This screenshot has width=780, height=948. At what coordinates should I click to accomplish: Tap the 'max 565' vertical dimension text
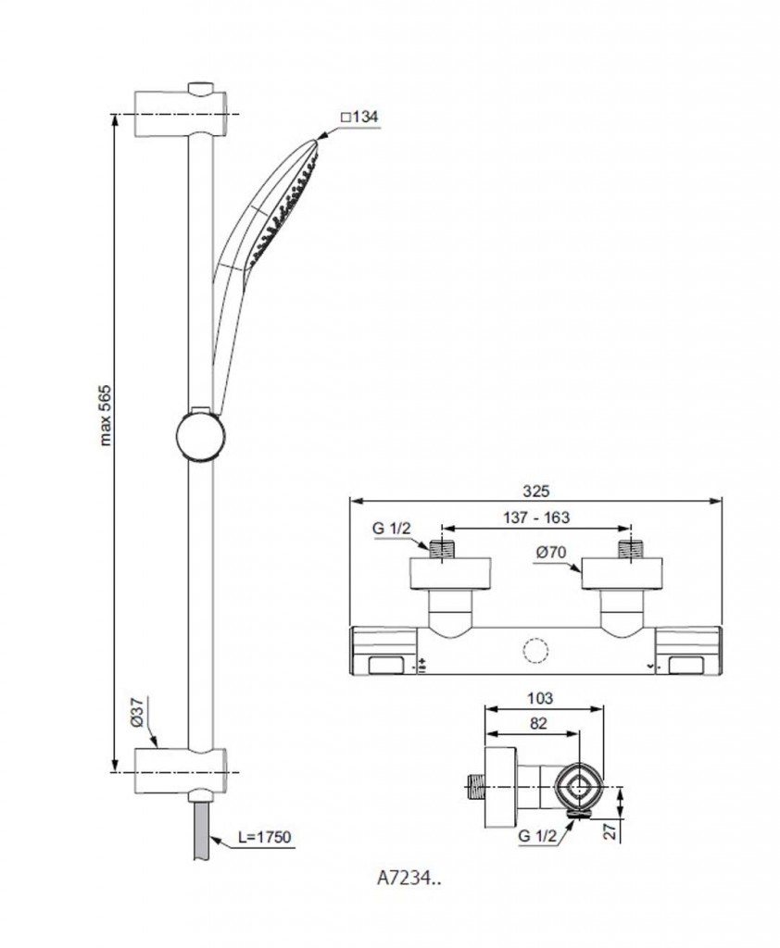pyautogui.click(x=106, y=415)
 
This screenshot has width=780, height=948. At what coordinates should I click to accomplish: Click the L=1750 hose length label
pyautogui.click(x=264, y=837)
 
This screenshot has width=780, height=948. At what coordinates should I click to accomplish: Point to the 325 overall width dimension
pyautogui.click(x=536, y=491)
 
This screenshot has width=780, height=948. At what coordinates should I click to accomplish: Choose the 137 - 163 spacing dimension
pyautogui.click(x=536, y=518)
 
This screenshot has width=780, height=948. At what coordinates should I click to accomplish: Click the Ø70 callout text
pyautogui.click(x=550, y=552)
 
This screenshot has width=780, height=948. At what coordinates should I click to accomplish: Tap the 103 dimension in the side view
pyautogui.click(x=540, y=698)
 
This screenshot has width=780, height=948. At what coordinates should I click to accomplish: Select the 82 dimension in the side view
pyautogui.click(x=537, y=723)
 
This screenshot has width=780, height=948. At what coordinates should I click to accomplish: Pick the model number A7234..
pyautogui.click(x=409, y=878)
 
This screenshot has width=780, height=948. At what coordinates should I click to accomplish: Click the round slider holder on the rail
pyautogui.click(x=200, y=435)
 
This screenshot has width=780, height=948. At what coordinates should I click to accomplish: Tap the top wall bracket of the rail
pyautogui.click(x=181, y=110)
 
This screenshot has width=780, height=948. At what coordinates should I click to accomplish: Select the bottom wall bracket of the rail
pyautogui.click(x=181, y=772)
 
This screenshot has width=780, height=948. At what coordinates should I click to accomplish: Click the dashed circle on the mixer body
pyautogui.click(x=535, y=652)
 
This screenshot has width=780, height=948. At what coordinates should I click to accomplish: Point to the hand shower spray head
pyautogui.click(x=284, y=206)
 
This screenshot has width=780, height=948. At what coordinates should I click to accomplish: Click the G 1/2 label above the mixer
pyautogui.click(x=391, y=528)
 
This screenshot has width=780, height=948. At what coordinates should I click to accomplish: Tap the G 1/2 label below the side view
pyautogui.click(x=536, y=836)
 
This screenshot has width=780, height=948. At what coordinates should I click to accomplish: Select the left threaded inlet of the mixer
pyautogui.click(x=443, y=549)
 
